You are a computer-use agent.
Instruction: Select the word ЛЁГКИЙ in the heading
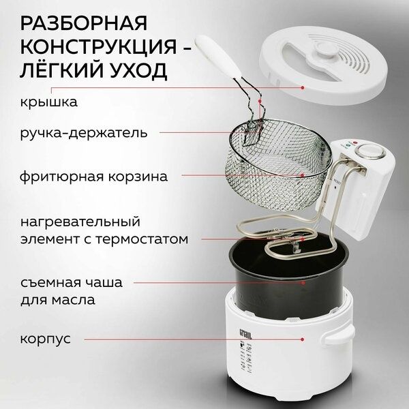pyautogui.click(x=59, y=72)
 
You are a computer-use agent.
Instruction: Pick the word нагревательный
pyautogui.click(x=80, y=222)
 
